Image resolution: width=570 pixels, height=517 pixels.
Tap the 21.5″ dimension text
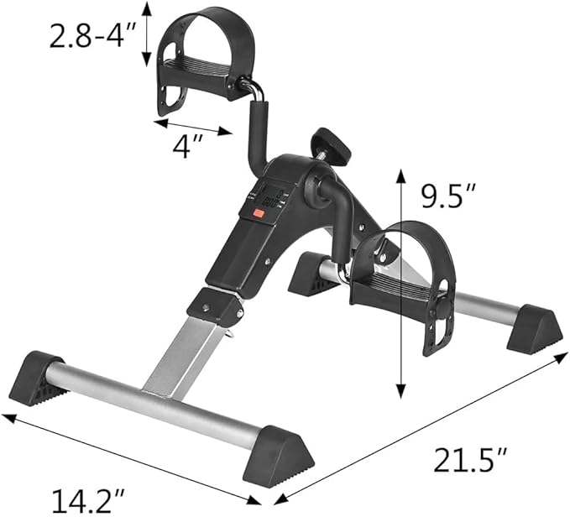[x=469, y=461]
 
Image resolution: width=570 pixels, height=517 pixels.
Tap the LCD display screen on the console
[x=269, y=197]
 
